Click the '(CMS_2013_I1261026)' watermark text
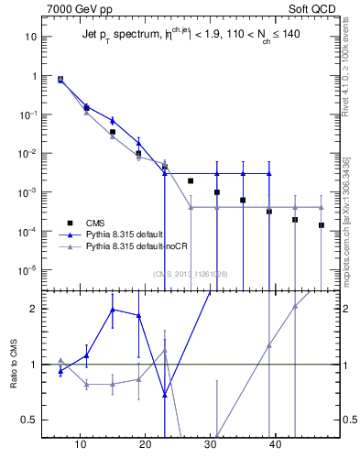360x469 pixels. coord(190,274)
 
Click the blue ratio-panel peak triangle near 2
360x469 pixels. coord(113,310)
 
